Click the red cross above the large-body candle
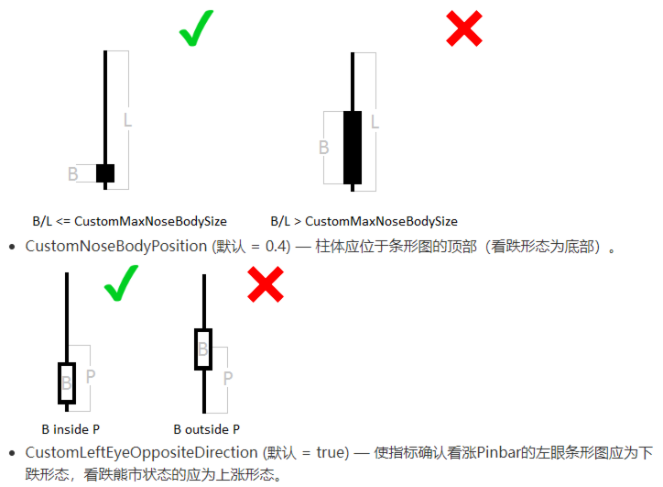tap(463, 28)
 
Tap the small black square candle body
tap(105, 172)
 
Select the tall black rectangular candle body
tap(353, 148)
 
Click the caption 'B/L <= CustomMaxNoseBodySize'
tap(129, 221)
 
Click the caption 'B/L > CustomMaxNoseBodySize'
tap(364, 221)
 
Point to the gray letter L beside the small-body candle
tap(127, 119)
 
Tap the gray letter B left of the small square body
tap(73, 173)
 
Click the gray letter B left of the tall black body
tap(323, 147)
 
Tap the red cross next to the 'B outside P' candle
tap(265, 284)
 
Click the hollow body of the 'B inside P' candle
tap(66, 382)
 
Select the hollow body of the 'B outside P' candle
tap(203, 349)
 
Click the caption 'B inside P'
tap(71, 428)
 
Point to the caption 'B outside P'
tap(206, 428)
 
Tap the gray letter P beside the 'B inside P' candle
tap(90, 375)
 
